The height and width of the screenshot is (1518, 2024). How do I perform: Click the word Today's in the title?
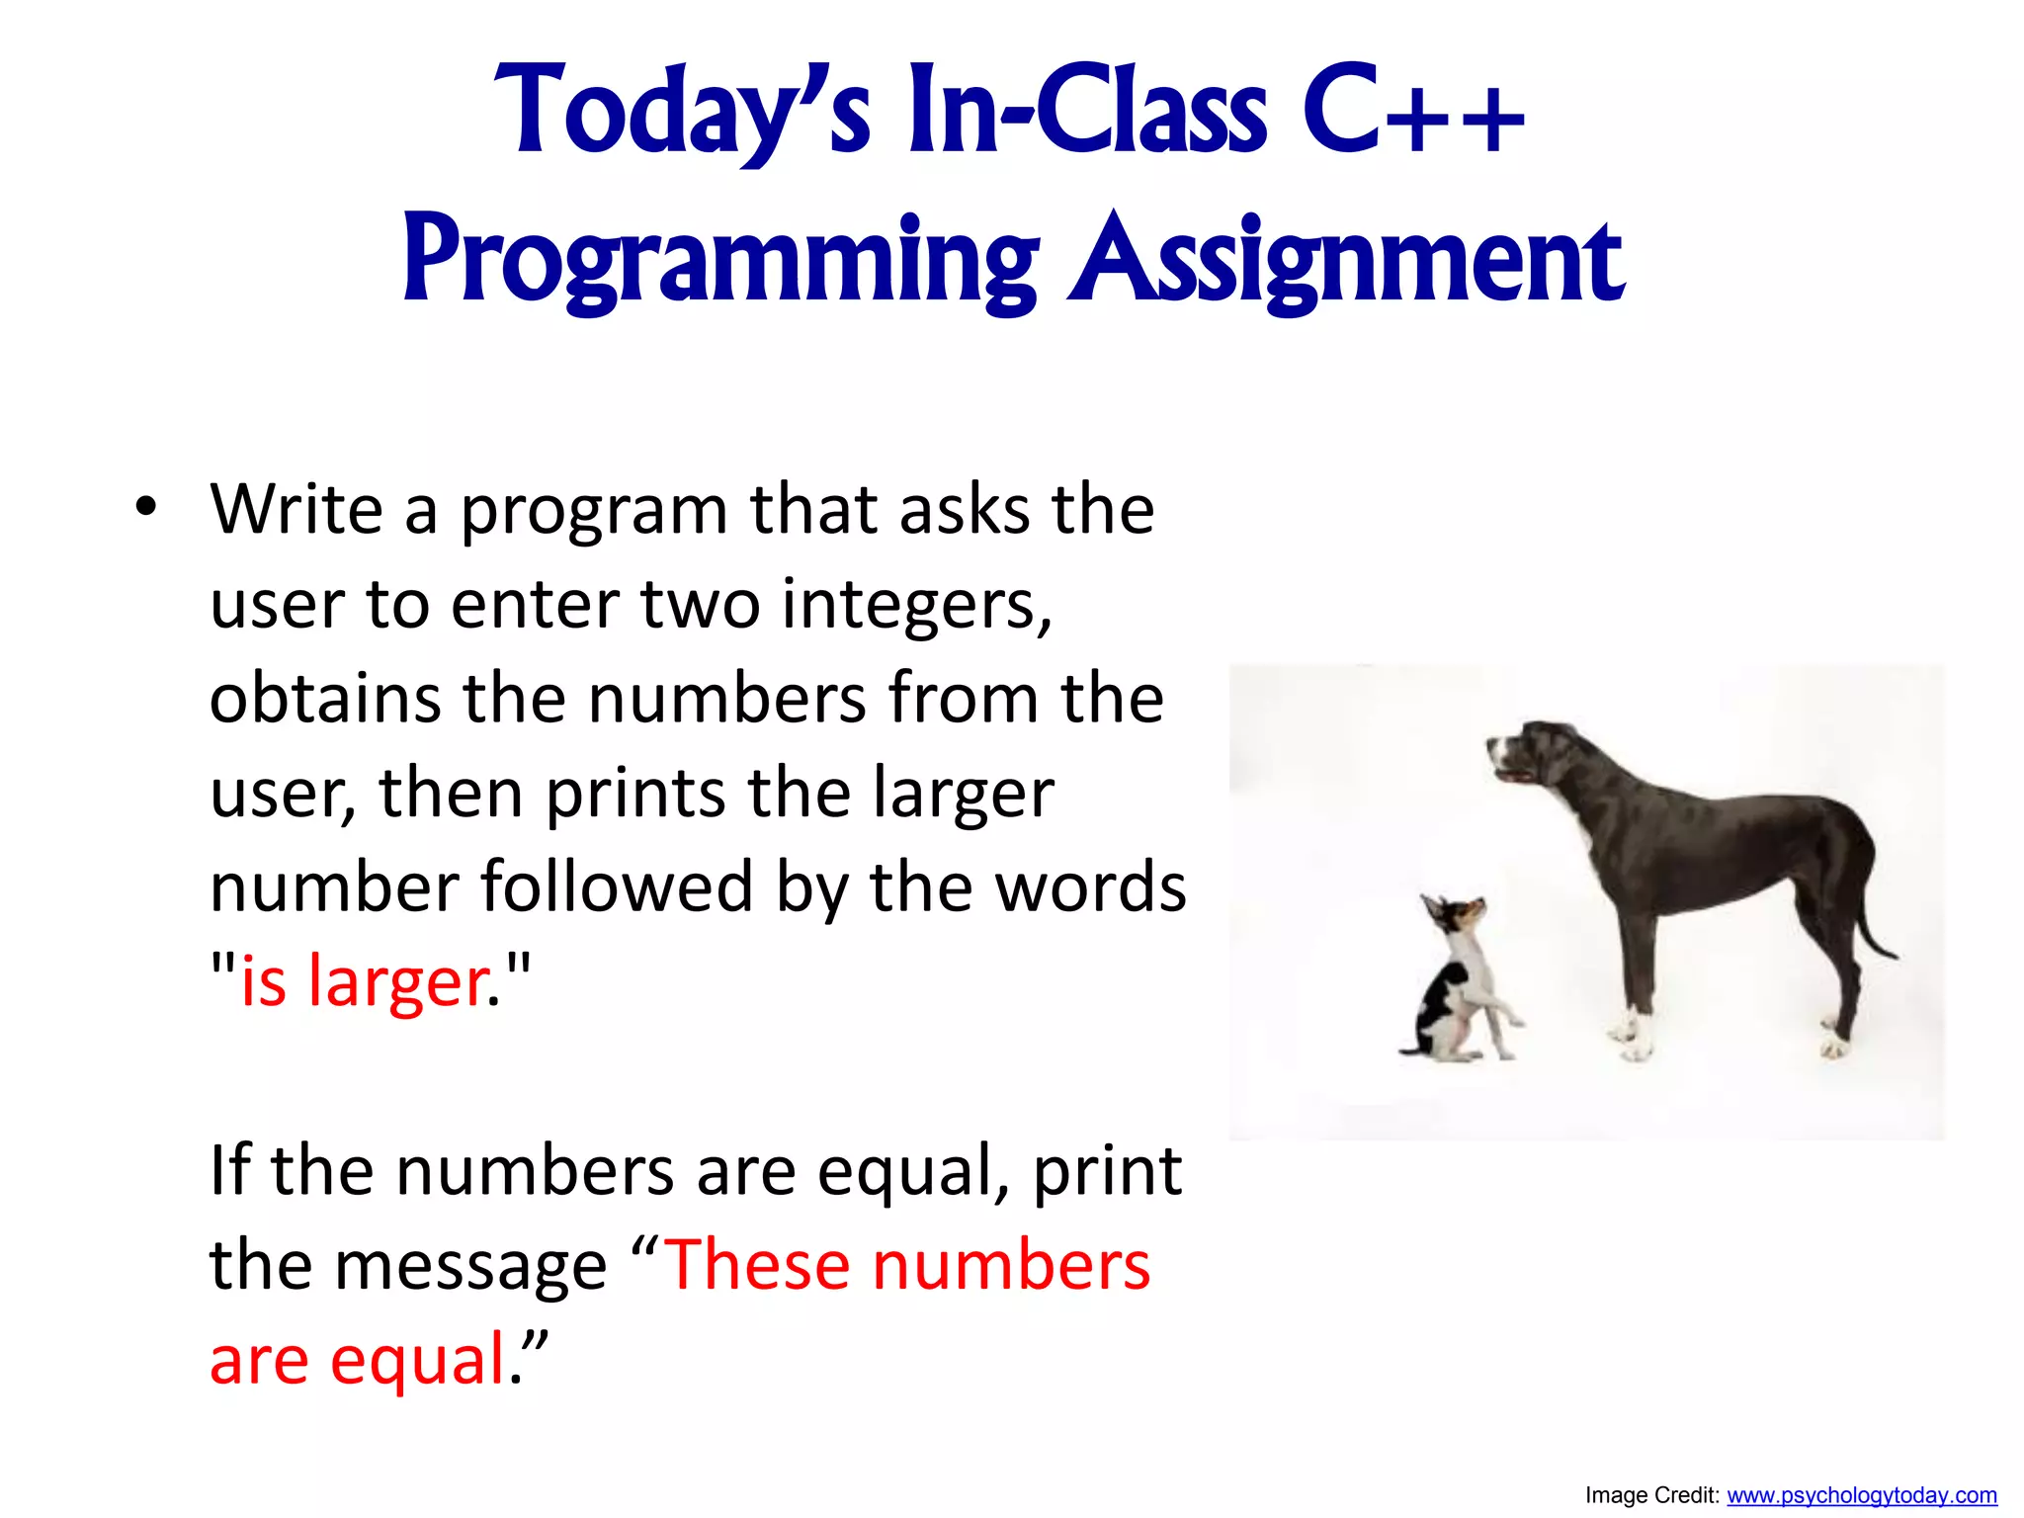pyautogui.click(x=682, y=111)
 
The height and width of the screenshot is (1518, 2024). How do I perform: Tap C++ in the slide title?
pyautogui.click(x=1413, y=111)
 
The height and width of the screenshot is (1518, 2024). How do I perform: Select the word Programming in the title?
pyautogui.click(x=719, y=260)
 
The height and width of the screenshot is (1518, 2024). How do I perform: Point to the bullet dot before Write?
pyautogui.click(x=146, y=509)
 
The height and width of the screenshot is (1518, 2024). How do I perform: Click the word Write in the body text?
pyautogui.click(x=295, y=510)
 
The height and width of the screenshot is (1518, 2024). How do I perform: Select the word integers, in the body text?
pyautogui.click(x=916, y=604)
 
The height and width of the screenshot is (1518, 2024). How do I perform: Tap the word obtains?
pyautogui.click(x=324, y=698)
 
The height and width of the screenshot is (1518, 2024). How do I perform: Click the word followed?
pyautogui.click(x=617, y=886)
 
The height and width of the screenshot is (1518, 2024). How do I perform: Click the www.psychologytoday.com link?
pyautogui.click(x=1861, y=1495)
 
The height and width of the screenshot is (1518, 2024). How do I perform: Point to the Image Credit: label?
pyautogui.click(x=1651, y=1495)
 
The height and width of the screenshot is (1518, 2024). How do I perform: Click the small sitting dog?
pyautogui.click(x=1458, y=988)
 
